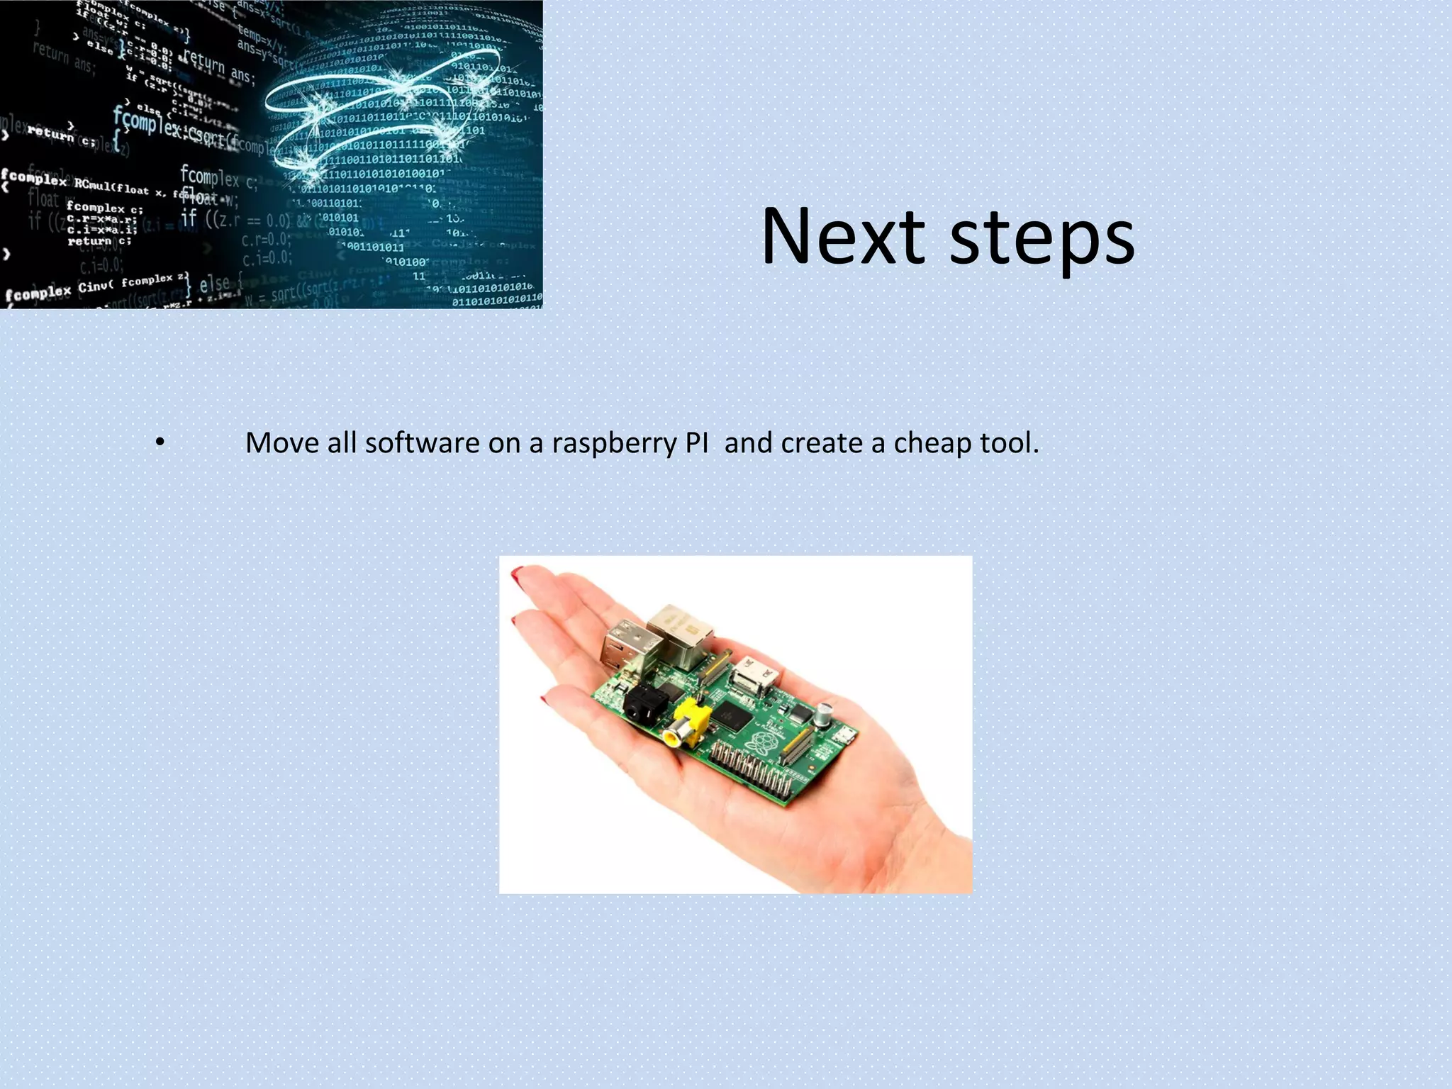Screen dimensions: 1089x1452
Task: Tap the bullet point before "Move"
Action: pyautogui.click(x=160, y=443)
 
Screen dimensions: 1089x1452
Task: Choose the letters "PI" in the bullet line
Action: pyautogui.click(x=696, y=443)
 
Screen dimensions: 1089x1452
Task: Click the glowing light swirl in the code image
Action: pyautogui.click(x=383, y=106)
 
